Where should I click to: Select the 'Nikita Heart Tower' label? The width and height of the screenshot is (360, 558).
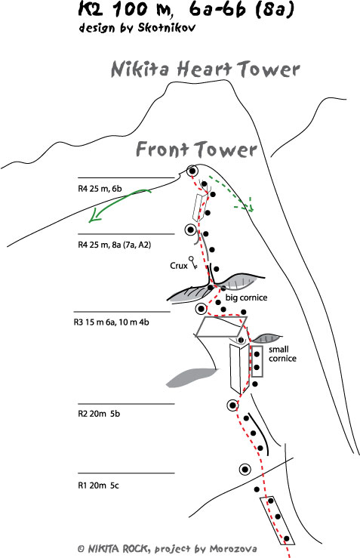point(205,69)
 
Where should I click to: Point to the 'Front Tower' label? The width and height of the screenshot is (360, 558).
point(196,149)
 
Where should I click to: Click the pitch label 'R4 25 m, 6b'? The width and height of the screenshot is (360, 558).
point(100,189)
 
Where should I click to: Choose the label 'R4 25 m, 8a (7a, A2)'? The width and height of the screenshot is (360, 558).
point(114,245)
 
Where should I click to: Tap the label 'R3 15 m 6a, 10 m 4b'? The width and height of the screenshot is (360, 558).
point(112,322)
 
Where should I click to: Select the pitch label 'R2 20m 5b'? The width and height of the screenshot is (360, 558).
point(99,414)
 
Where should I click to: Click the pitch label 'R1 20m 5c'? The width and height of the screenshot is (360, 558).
point(98,486)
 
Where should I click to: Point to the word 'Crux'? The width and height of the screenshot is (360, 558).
point(179,266)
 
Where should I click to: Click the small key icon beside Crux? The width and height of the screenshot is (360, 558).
point(193,263)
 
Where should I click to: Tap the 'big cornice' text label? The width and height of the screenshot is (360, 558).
point(246,297)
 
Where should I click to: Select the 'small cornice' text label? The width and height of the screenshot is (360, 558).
point(282,353)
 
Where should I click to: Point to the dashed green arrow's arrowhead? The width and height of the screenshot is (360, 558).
point(250,205)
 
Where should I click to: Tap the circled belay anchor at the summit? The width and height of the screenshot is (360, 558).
point(192,171)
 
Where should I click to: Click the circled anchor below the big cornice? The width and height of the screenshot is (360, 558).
point(202,308)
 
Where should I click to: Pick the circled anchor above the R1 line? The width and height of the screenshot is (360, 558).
point(245,470)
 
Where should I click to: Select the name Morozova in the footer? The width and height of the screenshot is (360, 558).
point(233,549)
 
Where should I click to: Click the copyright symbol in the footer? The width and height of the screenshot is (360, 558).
point(81,549)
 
